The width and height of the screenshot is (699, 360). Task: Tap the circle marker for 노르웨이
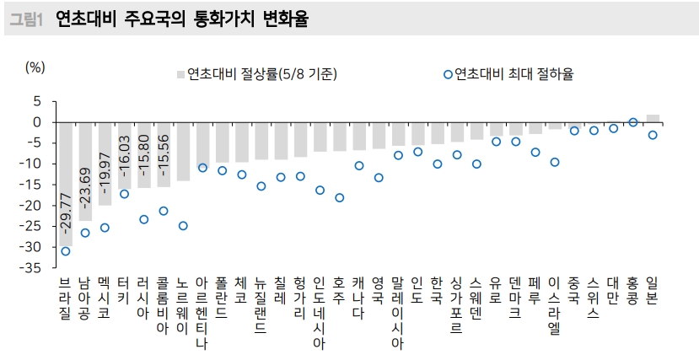tap(183, 226)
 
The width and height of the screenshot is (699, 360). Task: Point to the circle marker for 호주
tap(339, 198)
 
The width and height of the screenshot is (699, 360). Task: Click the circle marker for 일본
tap(653, 135)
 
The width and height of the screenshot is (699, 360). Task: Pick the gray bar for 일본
tap(653, 119)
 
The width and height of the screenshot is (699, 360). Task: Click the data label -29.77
tap(66, 214)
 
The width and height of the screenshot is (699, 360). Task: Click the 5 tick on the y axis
tap(37, 101)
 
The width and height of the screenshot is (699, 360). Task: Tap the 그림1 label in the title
tap(25, 19)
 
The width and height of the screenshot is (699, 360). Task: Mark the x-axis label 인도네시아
tap(320, 312)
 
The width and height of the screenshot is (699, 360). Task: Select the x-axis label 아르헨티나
tap(202, 312)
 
